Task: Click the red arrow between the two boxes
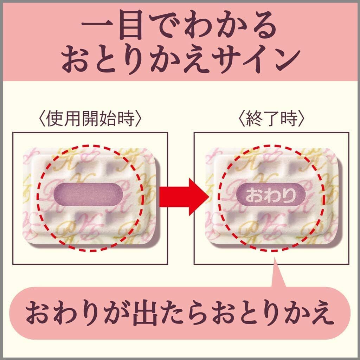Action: pyautogui.click(x=184, y=197)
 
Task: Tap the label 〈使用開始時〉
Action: pyautogui.click(x=90, y=119)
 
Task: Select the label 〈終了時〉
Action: pyautogui.click(x=271, y=119)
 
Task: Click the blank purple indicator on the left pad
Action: pyautogui.click(x=88, y=195)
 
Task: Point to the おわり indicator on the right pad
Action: pyautogui.click(x=271, y=195)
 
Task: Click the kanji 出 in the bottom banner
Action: pyautogui.click(x=145, y=313)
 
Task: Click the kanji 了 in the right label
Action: pyautogui.click(x=271, y=119)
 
